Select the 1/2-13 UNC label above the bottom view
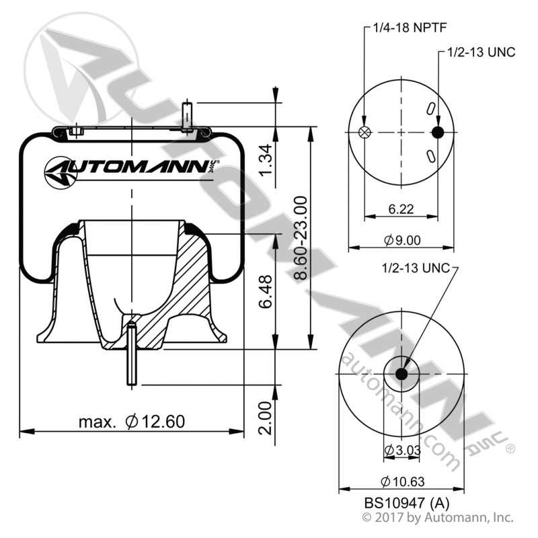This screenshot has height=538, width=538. click(x=414, y=268)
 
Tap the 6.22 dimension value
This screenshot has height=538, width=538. click(x=401, y=208)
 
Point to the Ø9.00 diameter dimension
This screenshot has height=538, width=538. click(x=401, y=240)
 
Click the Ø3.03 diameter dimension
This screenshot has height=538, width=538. click(x=401, y=450)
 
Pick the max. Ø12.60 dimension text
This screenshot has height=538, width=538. click(x=131, y=422)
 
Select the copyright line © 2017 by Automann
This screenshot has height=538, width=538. click(x=437, y=518)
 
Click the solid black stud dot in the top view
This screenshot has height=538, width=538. click(x=438, y=132)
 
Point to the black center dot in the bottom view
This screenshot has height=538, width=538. click(x=401, y=374)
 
